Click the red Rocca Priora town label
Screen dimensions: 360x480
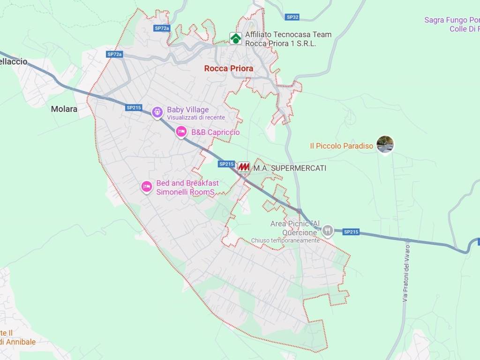(229, 68)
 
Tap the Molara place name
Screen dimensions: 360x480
(64, 109)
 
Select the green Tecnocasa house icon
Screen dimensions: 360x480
(236, 38)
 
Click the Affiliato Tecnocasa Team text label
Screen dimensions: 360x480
(288, 35)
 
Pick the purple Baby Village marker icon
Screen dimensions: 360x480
(157, 112)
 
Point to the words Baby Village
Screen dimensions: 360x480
(188, 110)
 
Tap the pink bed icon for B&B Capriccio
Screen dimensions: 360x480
(181, 132)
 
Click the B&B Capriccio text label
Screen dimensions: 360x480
(215, 132)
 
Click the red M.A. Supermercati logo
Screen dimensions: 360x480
(243, 167)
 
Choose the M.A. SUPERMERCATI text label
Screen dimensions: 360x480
(290, 168)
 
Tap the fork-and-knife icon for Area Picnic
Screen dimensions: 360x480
(328, 230)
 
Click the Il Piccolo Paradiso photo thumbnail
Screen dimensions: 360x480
(385, 144)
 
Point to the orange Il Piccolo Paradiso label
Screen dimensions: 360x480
(342, 146)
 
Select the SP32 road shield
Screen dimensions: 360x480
(292, 17)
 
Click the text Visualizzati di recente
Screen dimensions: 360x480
(196, 118)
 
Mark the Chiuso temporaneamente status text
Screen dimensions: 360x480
(285, 240)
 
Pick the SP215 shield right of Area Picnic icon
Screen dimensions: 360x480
(351, 232)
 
